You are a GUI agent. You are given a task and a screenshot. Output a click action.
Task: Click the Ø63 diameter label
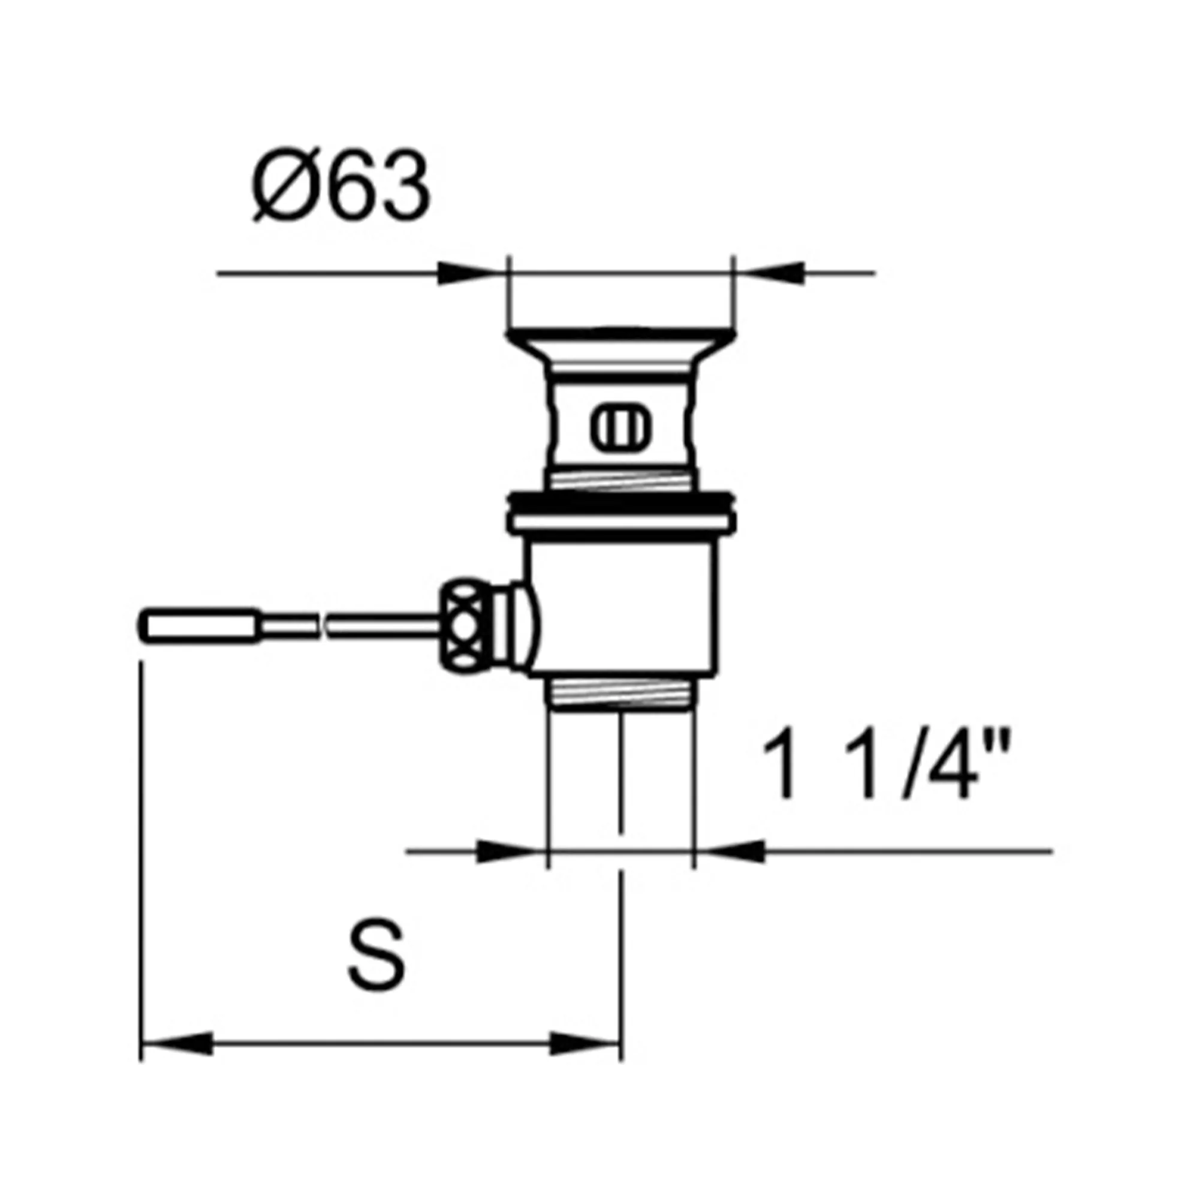pyautogui.click(x=341, y=186)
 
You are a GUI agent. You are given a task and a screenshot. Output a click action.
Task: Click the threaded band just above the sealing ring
pyautogui.click(x=620, y=480)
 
